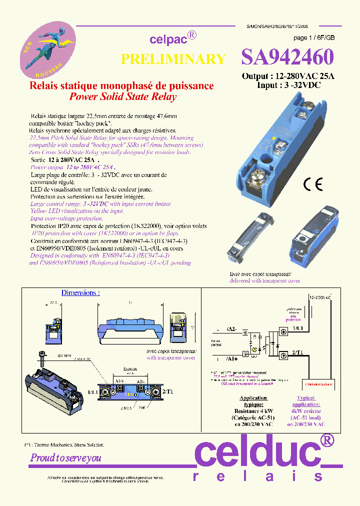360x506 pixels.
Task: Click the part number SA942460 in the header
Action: coord(287,58)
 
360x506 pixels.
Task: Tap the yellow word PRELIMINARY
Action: coord(173,59)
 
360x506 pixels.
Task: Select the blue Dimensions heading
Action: coord(80,292)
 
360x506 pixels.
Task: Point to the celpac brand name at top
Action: coord(168,39)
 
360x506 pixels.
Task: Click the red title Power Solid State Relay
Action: coord(122,97)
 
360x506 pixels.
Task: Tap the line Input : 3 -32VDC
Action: coord(288,85)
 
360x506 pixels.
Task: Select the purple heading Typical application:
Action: coord(305,401)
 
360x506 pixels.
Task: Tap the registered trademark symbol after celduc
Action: coord(326,440)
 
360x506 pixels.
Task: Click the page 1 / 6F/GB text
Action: coord(313,38)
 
